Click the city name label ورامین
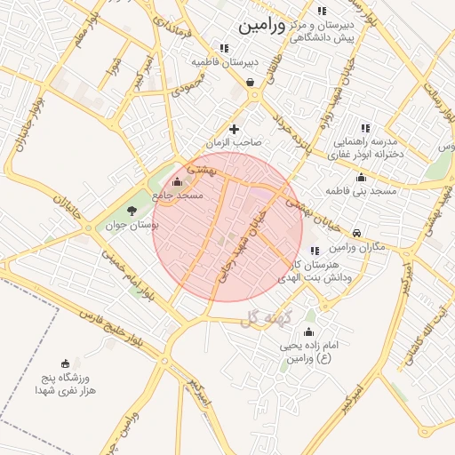tap(263, 26)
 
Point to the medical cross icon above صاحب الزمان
tap(235, 130)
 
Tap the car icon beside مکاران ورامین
tap(355, 234)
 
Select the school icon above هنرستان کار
tap(315, 251)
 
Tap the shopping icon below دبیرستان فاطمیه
tap(251, 83)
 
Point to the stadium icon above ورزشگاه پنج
tap(65, 363)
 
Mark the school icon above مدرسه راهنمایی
tap(363, 129)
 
